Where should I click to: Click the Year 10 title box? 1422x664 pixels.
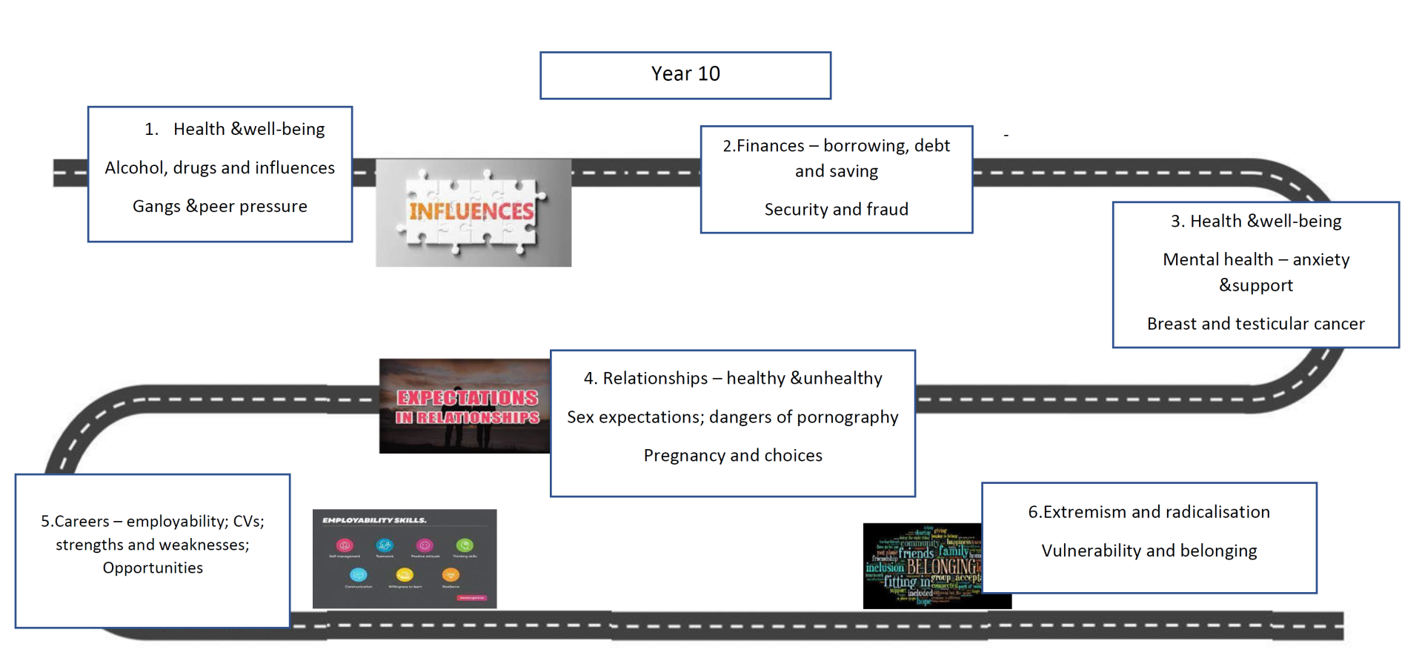point(685,75)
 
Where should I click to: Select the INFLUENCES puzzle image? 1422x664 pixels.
point(473,213)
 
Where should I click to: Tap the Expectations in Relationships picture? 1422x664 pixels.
point(465,406)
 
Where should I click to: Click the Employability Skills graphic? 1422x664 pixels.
point(405,559)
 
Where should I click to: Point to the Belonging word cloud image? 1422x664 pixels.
point(923,566)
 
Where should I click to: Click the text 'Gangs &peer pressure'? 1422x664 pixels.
point(220,207)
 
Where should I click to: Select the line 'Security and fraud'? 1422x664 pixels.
point(836,210)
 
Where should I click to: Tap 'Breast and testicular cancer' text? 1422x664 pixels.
point(1255,324)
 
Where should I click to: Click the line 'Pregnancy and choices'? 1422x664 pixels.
point(733,456)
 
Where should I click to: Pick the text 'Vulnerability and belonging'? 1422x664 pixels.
point(1149,551)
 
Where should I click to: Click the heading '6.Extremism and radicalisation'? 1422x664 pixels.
point(1149,512)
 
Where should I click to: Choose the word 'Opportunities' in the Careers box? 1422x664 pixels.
point(153,568)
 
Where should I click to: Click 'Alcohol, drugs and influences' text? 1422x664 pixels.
point(220,168)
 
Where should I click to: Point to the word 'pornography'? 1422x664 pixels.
point(848,417)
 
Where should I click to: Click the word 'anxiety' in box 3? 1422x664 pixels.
point(1321,260)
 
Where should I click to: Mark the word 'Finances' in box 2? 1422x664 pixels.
point(770,146)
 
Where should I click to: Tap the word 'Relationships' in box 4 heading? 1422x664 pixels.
point(655,379)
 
